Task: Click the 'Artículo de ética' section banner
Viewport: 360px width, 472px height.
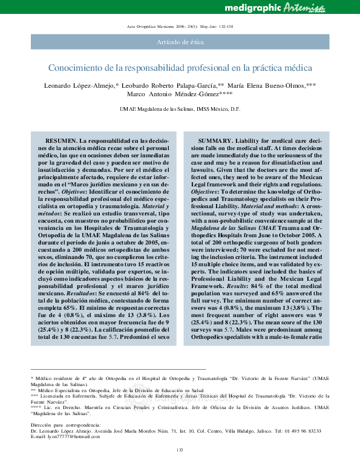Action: click(x=180, y=42)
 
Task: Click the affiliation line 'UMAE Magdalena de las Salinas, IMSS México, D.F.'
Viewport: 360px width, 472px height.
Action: click(x=180, y=110)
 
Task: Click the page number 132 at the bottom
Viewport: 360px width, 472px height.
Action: click(x=180, y=466)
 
